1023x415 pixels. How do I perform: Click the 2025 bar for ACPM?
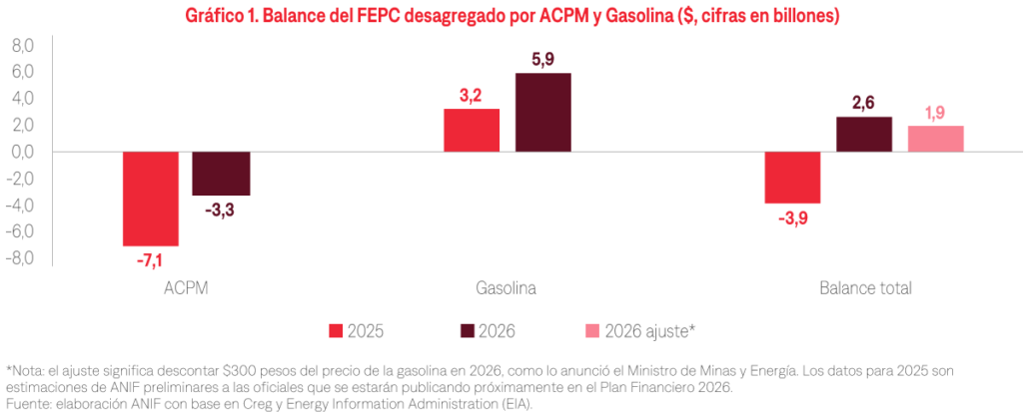pos(150,199)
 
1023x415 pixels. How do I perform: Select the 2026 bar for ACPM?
pos(222,174)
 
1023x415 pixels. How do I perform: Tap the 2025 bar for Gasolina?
pos(472,130)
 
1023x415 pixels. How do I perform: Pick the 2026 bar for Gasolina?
pos(543,112)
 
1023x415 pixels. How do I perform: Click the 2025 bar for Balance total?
pos(792,178)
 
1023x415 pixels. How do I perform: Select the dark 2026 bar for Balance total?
pos(864,134)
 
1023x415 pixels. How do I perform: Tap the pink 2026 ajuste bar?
pos(936,139)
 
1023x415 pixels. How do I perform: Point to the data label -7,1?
pos(150,260)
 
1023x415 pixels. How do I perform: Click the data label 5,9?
pos(543,59)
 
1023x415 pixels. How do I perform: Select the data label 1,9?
pos(936,112)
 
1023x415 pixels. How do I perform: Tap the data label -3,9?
pos(792,218)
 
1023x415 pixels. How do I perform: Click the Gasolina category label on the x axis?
pos(507,288)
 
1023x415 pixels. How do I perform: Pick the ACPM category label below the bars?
pos(185,288)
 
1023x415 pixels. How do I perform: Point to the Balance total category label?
pos(865,288)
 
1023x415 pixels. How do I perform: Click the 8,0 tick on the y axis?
pos(22,46)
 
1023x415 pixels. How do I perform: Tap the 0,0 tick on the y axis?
pos(22,152)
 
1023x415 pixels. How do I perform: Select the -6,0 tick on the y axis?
pos(20,231)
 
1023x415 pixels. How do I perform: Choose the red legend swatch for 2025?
pos(336,330)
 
